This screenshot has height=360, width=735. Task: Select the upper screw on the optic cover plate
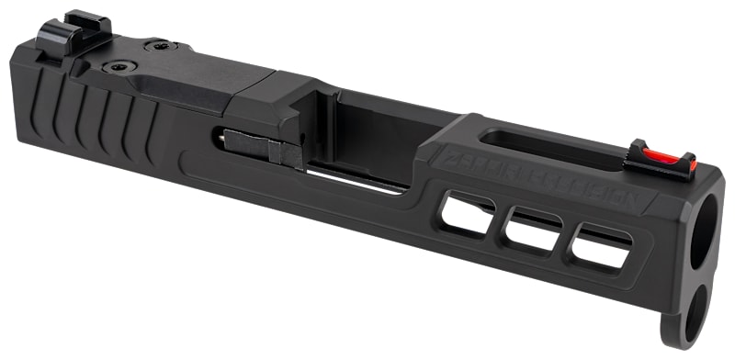(x=161, y=45)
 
